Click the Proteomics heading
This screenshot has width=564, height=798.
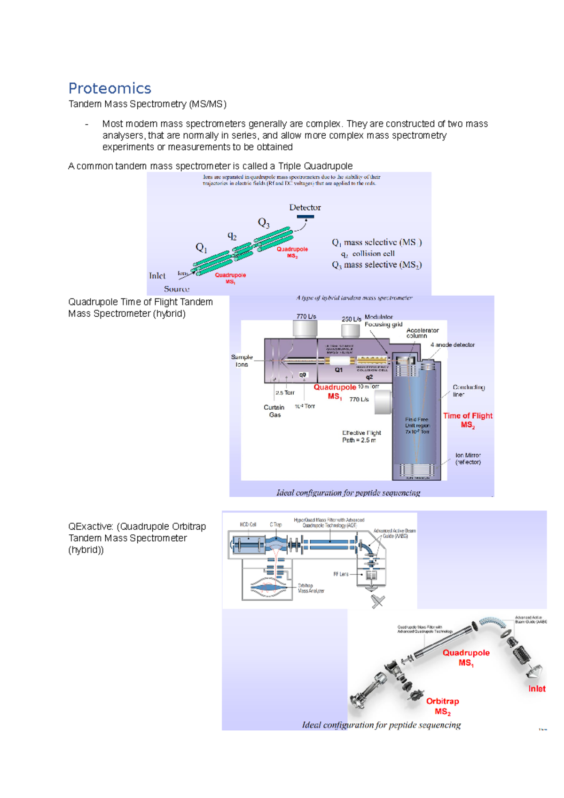(x=110, y=88)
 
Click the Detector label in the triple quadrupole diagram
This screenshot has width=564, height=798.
(x=305, y=207)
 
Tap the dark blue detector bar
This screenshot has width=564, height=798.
(x=305, y=217)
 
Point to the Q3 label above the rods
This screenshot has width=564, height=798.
(x=264, y=222)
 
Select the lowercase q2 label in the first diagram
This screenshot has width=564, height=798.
(x=232, y=236)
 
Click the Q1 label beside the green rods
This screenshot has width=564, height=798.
(x=201, y=247)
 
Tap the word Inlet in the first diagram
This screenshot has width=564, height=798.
(x=157, y=276)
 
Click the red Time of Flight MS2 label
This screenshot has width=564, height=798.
(x=468, y=420)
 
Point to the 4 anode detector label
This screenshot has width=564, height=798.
(x=453, y=345)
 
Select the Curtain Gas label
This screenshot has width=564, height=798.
(x=274, y=411)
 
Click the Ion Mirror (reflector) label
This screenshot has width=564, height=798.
(x=468, y=459)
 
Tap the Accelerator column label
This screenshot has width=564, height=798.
(x=422, y=333)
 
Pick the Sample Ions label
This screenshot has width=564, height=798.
(x=242, y=360)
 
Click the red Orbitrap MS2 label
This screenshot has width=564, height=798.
(x=442, y=706)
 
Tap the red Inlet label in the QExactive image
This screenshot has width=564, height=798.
(x=536, y=688)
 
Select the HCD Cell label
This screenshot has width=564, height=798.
(x=248, y=524)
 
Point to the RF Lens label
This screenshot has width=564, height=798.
(x=341, y=574)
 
